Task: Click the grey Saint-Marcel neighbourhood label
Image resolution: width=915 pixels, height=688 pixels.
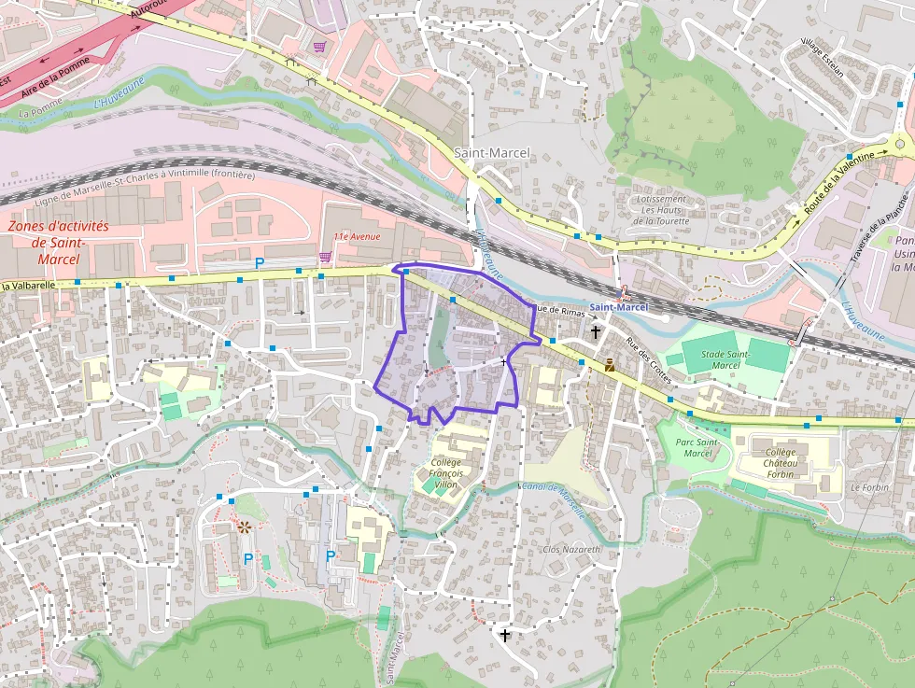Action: point(491,152)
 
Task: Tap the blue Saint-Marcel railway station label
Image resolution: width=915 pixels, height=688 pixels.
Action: point(618,307)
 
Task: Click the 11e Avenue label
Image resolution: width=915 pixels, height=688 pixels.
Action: point(358,236)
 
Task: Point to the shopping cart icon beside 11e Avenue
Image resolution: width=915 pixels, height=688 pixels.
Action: point(325,256)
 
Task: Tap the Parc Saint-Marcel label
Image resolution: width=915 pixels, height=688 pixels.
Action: point(697,447)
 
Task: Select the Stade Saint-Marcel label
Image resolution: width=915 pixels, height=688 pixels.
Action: point(725,358)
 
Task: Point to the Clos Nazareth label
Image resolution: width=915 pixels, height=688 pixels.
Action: point(572,549)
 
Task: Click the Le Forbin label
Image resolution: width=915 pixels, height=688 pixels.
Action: point(868,487)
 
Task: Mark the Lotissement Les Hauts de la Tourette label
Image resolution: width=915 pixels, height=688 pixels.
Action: point(661,210)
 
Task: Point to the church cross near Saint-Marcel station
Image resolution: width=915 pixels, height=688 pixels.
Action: point(595,331)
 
